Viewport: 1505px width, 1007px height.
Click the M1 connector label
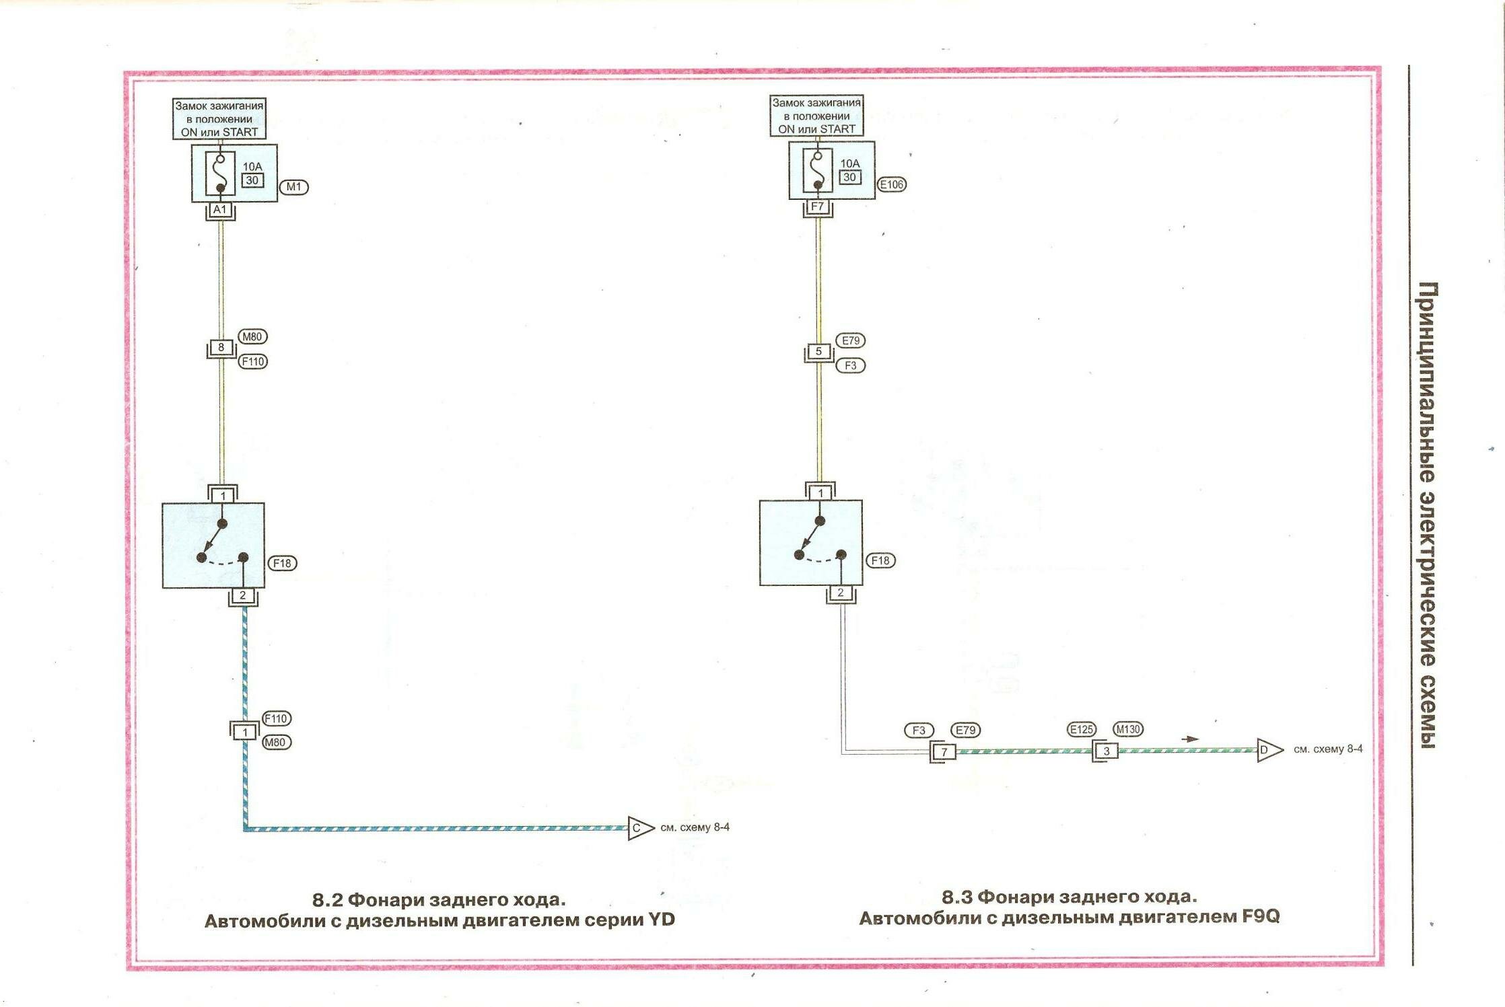point(293,187)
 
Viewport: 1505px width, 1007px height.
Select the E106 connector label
point(892,184)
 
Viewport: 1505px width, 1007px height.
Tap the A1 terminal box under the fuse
point(220,210)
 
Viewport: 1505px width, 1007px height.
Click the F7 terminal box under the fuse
point(818,207)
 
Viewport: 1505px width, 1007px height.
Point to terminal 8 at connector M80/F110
point(221,348)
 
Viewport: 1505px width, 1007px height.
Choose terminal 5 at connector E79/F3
point(818,351)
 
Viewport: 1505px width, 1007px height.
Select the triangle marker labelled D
point(1267,750)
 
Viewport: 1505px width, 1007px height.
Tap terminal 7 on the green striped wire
point(944,752)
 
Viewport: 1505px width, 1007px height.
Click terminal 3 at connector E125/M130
point(1106,751)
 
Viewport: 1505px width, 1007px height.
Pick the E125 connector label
point(1082,729)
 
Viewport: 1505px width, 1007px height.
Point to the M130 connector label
point(1128,729)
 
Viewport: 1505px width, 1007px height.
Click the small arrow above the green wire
point(1190,739)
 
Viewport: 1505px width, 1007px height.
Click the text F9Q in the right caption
point(1260,917)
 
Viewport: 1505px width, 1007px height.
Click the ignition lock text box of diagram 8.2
point(219,119)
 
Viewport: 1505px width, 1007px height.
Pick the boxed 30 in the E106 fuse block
point(849,178)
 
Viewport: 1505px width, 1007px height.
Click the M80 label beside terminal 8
point(252,337)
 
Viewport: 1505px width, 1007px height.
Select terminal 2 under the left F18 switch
point(243,596)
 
